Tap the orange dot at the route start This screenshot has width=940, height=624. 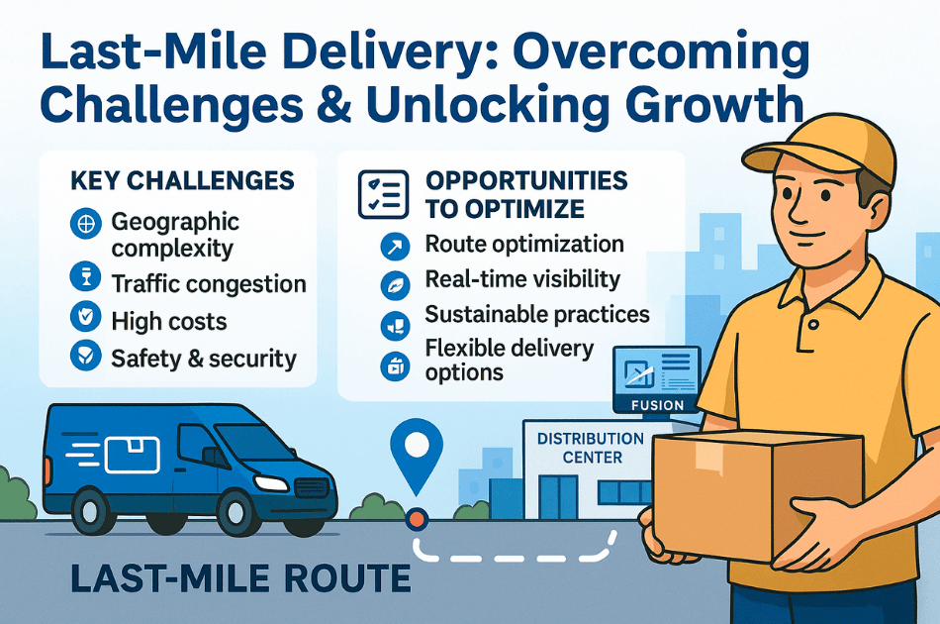click(x=416, y=518)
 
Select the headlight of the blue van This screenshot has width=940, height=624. click(x=270, y=482)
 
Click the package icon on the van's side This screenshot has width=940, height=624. click(x=133, y=455)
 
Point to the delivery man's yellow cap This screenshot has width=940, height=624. click(x=820, y=146)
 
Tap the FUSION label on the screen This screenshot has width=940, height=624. click(x=657, y=406)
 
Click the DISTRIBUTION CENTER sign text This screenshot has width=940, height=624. click(x=591, y=448)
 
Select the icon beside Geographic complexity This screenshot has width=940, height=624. click(x=86, y=224)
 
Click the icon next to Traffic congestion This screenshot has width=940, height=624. click(x=86, y=276)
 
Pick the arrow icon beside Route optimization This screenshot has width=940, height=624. click(x=395, y=246)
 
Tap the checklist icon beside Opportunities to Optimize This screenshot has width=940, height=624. click(x=384, y=194)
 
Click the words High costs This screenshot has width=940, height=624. click(x=169, y=322)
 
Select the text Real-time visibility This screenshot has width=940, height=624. click(x=522, y=279)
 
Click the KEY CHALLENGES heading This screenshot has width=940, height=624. click(x=182, y=180)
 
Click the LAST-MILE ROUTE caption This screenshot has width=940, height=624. click(x=240, y=577)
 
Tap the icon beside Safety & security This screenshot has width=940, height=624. click(x=86, y=355)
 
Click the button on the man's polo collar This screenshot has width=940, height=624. click(x=813, y=325)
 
